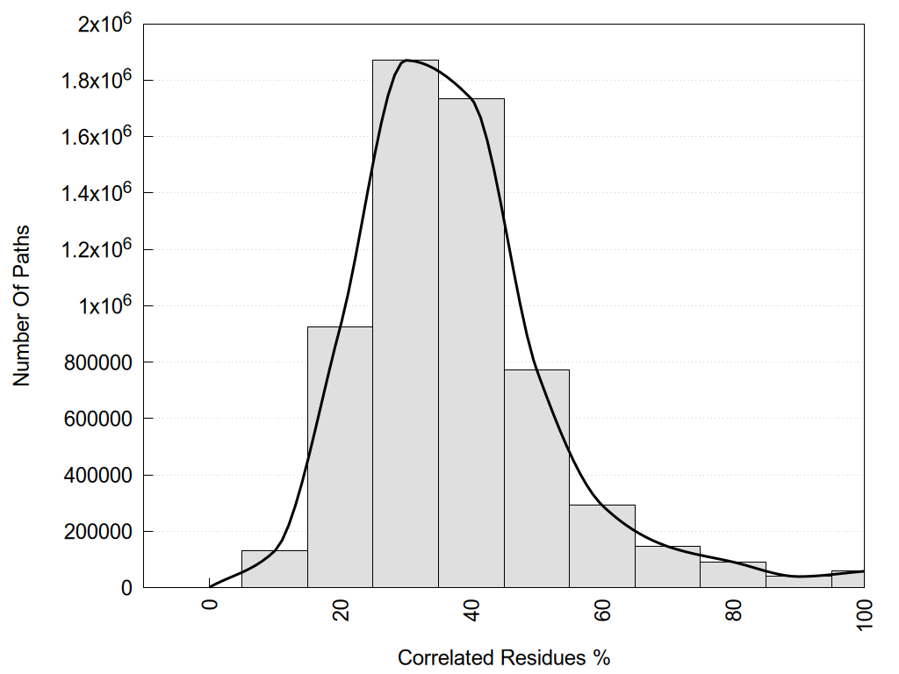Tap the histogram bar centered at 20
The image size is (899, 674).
pos(340,456)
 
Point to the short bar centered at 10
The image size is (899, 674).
pos(275,570)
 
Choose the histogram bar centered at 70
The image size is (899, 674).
pos(667,567)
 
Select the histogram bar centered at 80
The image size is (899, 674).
pos(733,575)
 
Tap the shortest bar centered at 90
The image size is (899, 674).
pos(798,582)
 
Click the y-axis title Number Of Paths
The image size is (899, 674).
pos(22,306)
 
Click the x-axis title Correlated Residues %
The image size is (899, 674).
pos(503,657)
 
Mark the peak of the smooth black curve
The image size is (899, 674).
pos(406,61)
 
